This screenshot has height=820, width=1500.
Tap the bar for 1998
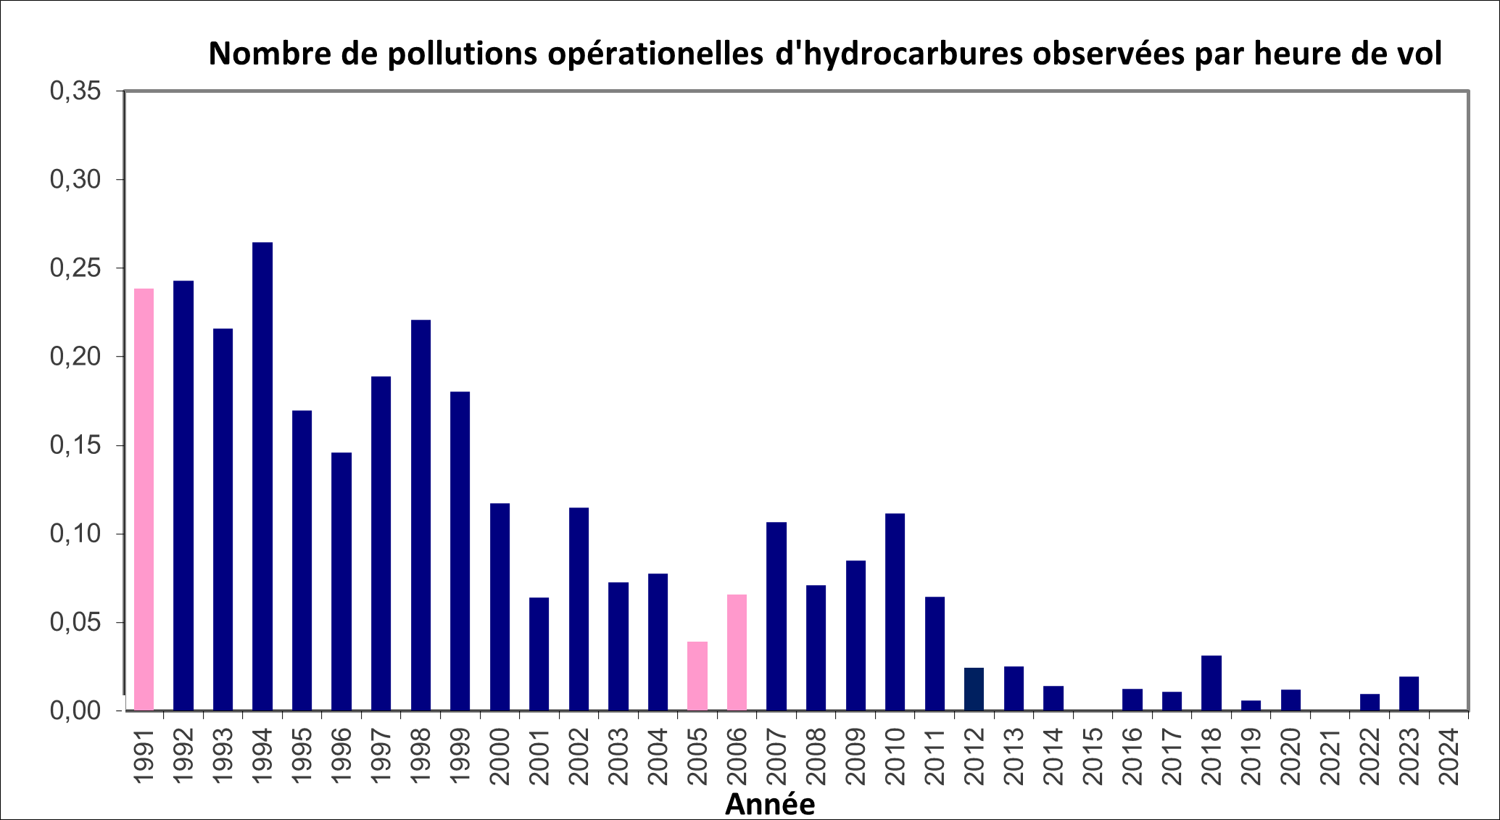tap(420, 515)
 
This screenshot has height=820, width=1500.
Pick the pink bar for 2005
tap(697, 676)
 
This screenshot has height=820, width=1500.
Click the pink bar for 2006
tap(737, 652)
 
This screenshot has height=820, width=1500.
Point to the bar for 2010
tap(895, 612)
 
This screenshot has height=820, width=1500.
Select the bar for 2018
tap(1211, 683)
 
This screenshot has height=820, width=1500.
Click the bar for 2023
tap(1409, 693)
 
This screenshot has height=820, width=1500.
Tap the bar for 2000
tap(500, 607)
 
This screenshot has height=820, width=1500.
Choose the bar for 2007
tap(776, 616)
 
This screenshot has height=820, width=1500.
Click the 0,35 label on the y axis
tap(75, 91)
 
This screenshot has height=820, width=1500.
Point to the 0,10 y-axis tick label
tap(75, 534)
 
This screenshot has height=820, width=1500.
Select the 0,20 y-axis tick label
tap(75, 357)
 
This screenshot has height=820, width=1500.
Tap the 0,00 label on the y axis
tap(75, 711)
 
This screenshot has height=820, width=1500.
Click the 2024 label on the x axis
tap(1449, 756)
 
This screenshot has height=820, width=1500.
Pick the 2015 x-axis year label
tap(1093, 756)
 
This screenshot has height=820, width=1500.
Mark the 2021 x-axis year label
tap(1330, 756)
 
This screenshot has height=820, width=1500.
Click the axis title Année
tap(770, 804)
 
